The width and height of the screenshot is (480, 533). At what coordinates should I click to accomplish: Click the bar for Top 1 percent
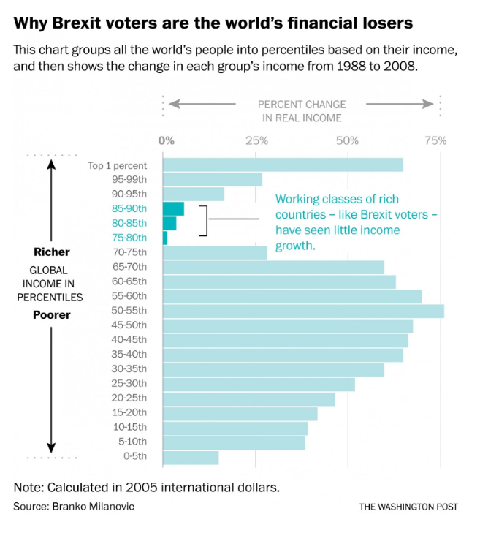tap(283, 165)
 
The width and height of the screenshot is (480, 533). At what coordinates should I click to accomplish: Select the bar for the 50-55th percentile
tap(303, 311)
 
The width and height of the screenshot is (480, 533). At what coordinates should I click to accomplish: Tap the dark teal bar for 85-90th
tap(173, 209)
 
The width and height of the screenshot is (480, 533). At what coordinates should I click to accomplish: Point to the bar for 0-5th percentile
tap(191, 458)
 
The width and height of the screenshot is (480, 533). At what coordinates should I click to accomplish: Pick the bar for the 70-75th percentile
tap(215, 253)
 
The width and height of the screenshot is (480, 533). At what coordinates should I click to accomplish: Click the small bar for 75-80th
tap(165, 238)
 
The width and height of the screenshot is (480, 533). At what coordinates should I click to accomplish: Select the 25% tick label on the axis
tap(256, 140)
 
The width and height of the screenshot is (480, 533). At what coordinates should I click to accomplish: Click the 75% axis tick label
tap(435, 140)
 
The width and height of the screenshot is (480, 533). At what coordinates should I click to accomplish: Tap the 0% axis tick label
tap(167, 140)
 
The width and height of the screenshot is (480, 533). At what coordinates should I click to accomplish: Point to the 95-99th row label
tap(129, 180)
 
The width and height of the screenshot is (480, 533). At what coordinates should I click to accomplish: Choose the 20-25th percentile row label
tap(129, 398)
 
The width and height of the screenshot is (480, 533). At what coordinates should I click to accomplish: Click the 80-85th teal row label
tap(129, 223)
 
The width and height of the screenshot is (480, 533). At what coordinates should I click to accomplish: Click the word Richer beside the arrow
tap(52, 252)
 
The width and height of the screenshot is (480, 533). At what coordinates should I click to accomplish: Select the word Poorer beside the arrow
tap(52, 315)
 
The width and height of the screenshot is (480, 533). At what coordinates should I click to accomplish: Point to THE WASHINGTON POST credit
tap(408, 507)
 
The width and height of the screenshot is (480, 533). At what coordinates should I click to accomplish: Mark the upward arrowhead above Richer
tap(51, 163)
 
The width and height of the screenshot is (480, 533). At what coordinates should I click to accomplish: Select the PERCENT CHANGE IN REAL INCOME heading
tap(302, 111)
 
